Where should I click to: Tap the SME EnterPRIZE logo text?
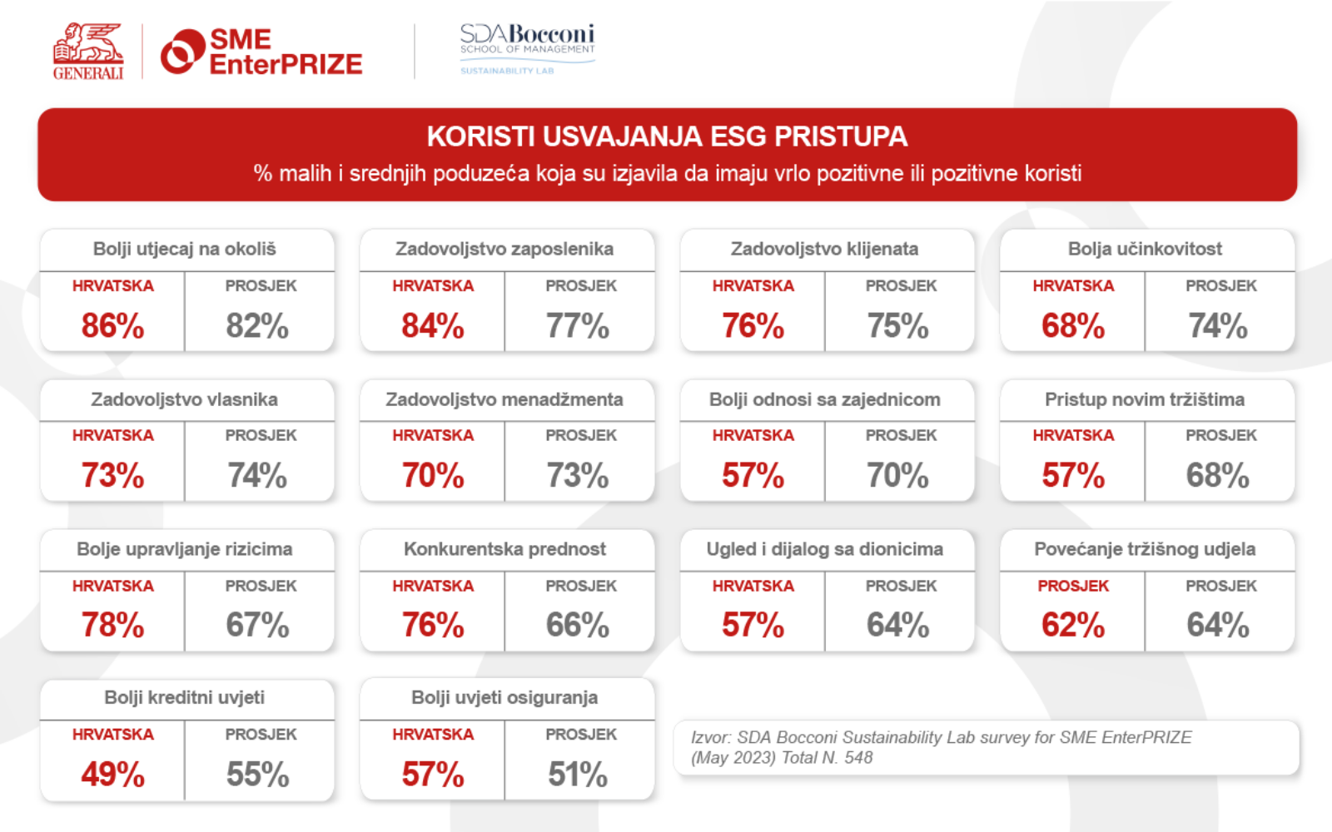point(285,52)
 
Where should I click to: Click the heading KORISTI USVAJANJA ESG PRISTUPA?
point(667,136)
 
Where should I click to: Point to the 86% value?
point(112,325)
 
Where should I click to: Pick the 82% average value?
point(257,325)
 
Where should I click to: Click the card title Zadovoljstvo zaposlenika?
point(504,249)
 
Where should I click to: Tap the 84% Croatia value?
point(432,325)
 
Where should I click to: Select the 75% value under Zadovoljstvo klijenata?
point(897,325)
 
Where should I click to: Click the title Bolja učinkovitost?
point(1145,249)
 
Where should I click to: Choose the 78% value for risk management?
point(112,625)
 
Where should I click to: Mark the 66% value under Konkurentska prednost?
point(577,625)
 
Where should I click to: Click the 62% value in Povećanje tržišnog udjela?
point(1072,625)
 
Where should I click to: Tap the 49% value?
point(112,775)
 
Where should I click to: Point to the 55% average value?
point(257,775)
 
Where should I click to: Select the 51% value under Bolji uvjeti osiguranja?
point(577,775)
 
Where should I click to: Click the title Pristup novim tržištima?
point(1145,399)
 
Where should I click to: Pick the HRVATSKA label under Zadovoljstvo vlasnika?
point(112,435)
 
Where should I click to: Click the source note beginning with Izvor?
point(941,747)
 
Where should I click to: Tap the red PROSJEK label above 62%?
point(1072,586)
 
